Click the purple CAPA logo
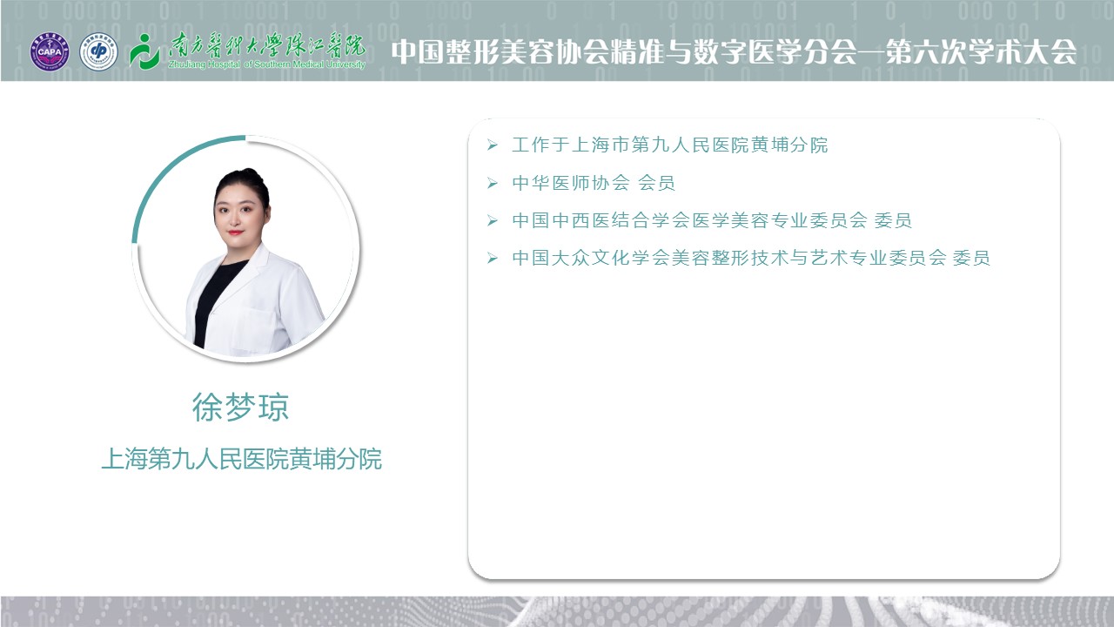click(50, 51)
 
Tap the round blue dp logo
click(98, 51)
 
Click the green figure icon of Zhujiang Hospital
click(144, 51)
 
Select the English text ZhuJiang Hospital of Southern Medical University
click(267, 64)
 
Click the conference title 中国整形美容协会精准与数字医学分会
click(624, 51)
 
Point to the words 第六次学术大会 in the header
click(982, 51)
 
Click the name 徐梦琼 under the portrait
click(241, 408)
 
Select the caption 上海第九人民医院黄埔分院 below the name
click(242, 459)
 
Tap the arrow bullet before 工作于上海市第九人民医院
click(493, 145)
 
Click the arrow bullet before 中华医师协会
click(493, 183)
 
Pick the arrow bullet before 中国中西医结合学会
click(493, 220)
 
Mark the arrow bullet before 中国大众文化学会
click(493, 259)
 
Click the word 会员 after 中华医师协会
click(656, 183)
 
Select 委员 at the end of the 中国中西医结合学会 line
click(893, 220)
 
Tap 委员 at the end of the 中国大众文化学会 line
click(971, 259)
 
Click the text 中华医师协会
click(571, 183)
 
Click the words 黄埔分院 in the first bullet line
click(789, 145)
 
